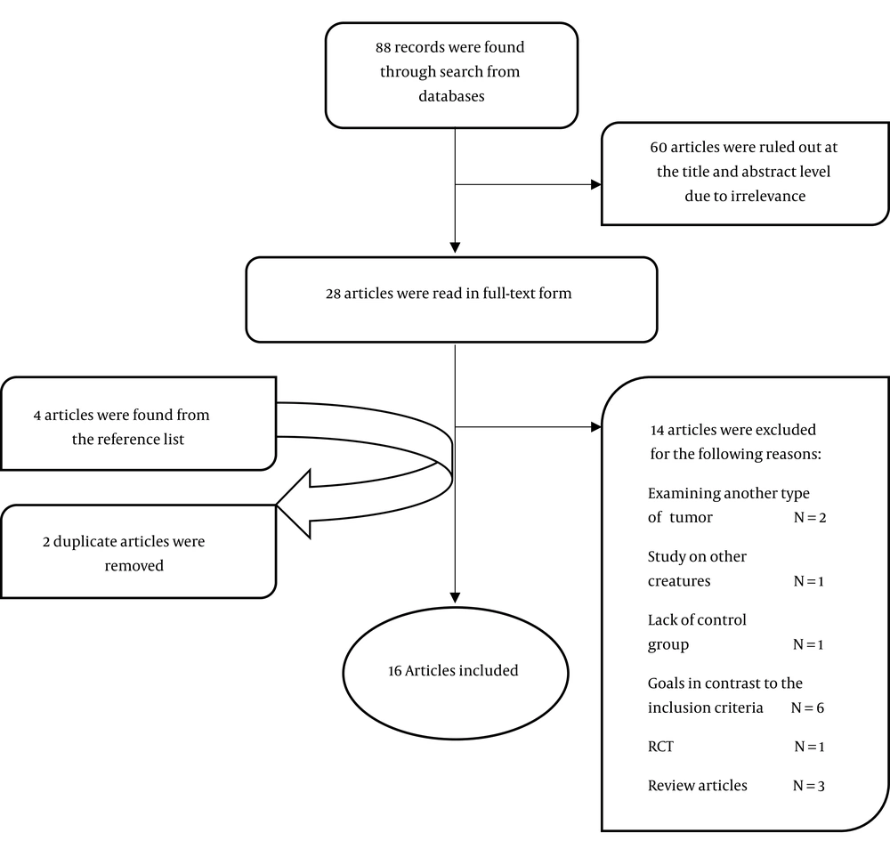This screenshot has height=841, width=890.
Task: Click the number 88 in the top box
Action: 383,47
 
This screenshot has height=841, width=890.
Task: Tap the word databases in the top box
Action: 451,96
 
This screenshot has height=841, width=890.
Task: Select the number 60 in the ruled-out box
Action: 659,147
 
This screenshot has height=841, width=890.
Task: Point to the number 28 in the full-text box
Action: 333,294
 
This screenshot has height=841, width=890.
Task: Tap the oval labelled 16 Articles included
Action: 455,673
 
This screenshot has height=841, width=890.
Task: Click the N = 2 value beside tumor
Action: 809,518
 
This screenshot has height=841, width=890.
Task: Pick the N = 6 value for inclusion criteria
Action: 807,708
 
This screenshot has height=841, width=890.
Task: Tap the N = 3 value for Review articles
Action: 808,786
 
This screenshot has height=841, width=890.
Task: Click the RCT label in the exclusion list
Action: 660,747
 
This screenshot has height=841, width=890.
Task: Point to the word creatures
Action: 679,581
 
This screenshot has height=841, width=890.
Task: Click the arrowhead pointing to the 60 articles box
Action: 596,184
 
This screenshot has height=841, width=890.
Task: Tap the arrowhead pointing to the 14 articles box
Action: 596,427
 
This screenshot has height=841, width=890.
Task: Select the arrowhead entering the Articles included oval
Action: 455,597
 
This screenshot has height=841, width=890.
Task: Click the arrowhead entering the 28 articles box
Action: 455,247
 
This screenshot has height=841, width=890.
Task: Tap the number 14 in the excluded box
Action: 658,430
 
